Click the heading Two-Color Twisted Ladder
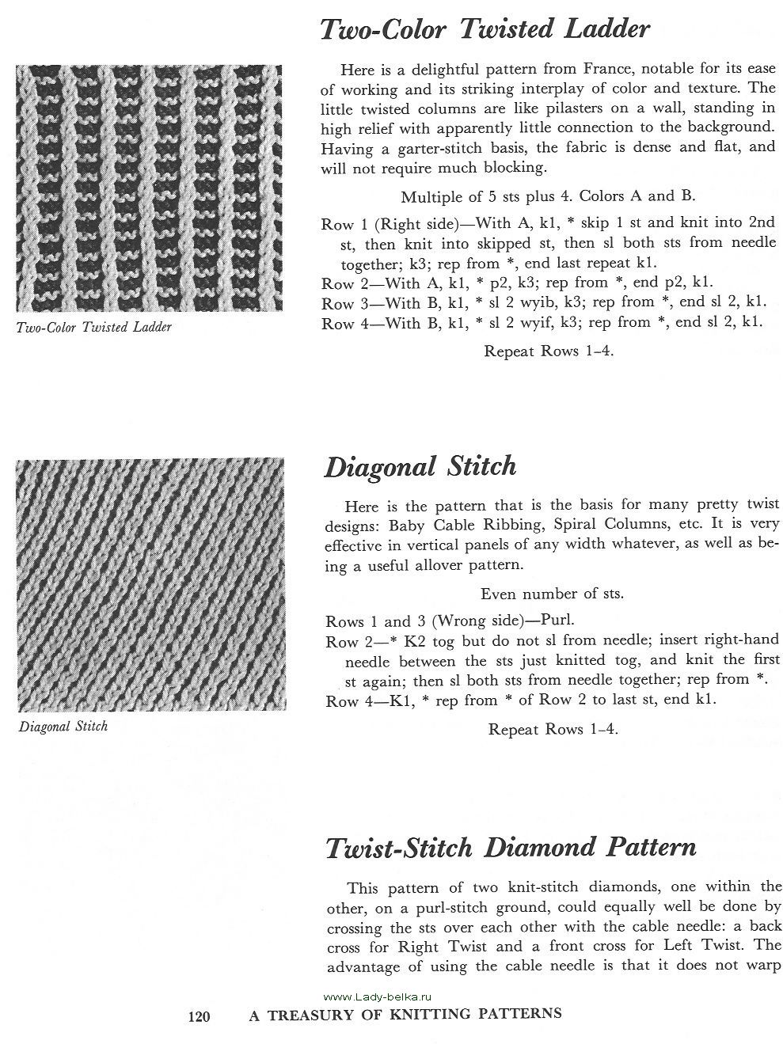pyautogui.click(x=485, y=30)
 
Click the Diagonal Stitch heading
pyautogui.click(x=420, y=466)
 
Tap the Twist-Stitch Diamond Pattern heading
pyautogui.click(x=511, y=848)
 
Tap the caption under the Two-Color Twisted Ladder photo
pyautogui.click(x=93, y=327)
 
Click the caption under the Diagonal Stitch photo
pyautogui.click(x=63, y=725)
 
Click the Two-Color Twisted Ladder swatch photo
pyautogui.click(x=149, y=188)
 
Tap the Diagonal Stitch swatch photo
pyautogui.click(x=149, y=585)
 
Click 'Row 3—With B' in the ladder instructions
pyautogui.click(x=372, y=302)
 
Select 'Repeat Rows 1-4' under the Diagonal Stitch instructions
pyautogui.click(x=553, y=729)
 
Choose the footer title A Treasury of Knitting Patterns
pyautogui.click(x=405, y=1014)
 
